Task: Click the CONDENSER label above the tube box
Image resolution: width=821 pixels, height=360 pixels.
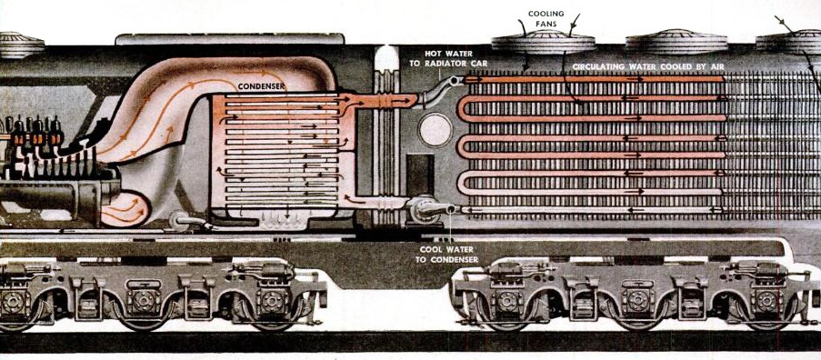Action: (x=261, y=86)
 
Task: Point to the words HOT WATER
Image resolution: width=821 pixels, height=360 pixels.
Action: (x=450, y=54)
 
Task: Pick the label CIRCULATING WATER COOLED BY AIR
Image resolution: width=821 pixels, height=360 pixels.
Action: (x=647, y=67)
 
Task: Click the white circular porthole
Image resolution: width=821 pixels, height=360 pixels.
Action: (x=436, y=130)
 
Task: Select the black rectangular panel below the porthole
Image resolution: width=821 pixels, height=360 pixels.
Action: (x=420, y=175)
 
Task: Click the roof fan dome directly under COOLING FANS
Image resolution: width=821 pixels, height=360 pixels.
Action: (x=543, y=42)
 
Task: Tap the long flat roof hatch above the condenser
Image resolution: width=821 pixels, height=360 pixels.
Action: (x=229, y=39)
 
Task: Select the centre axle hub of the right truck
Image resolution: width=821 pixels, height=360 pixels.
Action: (x=637, y=300)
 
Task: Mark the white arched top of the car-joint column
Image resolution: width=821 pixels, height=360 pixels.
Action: (x=386, y=57)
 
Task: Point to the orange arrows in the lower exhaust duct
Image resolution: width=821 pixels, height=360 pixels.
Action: (x=124, y=210)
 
